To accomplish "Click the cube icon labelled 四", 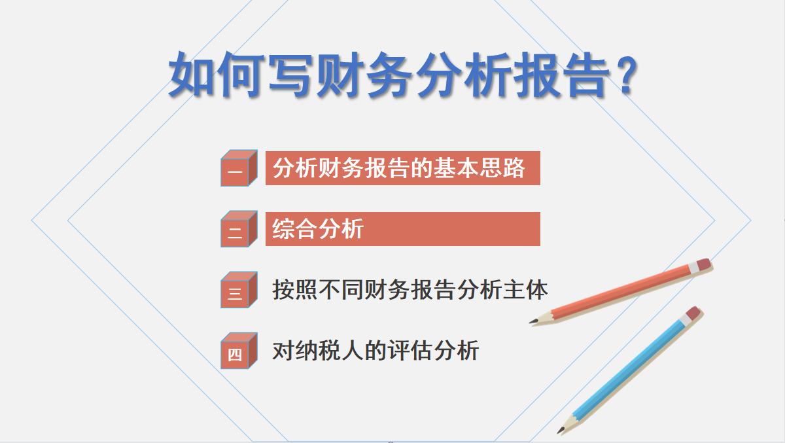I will click(x=237, y=351).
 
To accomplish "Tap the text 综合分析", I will click(x=318, y=229).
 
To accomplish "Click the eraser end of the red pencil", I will click(x=703, y=264).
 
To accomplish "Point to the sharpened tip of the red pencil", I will click(x=532, y=321).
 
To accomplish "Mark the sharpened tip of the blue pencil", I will click(x=561, y=431).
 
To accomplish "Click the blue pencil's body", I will click(x=628, y=370).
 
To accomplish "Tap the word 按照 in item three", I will click(x=294, y=289).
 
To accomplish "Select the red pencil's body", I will click(x=621, y=292).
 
